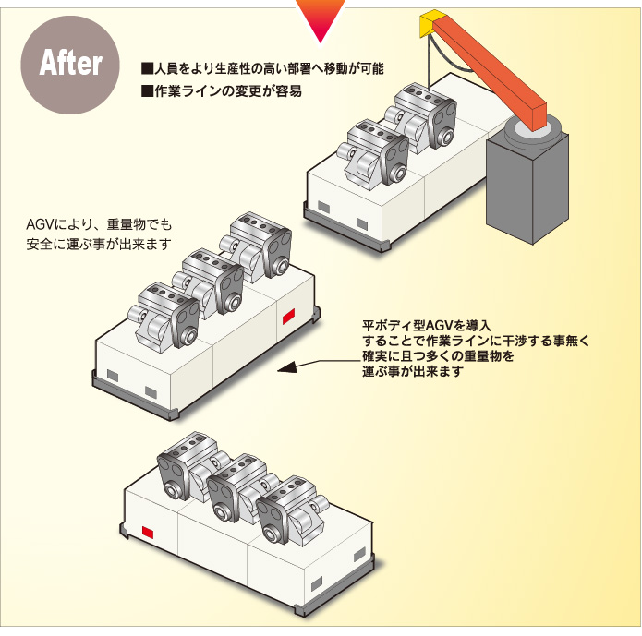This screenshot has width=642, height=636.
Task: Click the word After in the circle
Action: click(x=70, y=64)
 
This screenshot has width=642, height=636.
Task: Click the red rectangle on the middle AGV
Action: click(x=288, y=318)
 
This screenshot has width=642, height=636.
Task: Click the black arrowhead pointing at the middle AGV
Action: click(x=287, y=366)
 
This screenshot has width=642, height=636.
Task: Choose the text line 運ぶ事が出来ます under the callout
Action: click(x=412, y=372)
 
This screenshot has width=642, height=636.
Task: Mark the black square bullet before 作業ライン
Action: click(x=146, y=91)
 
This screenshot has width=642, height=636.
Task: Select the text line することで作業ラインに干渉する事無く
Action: click(x=476, y=341)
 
